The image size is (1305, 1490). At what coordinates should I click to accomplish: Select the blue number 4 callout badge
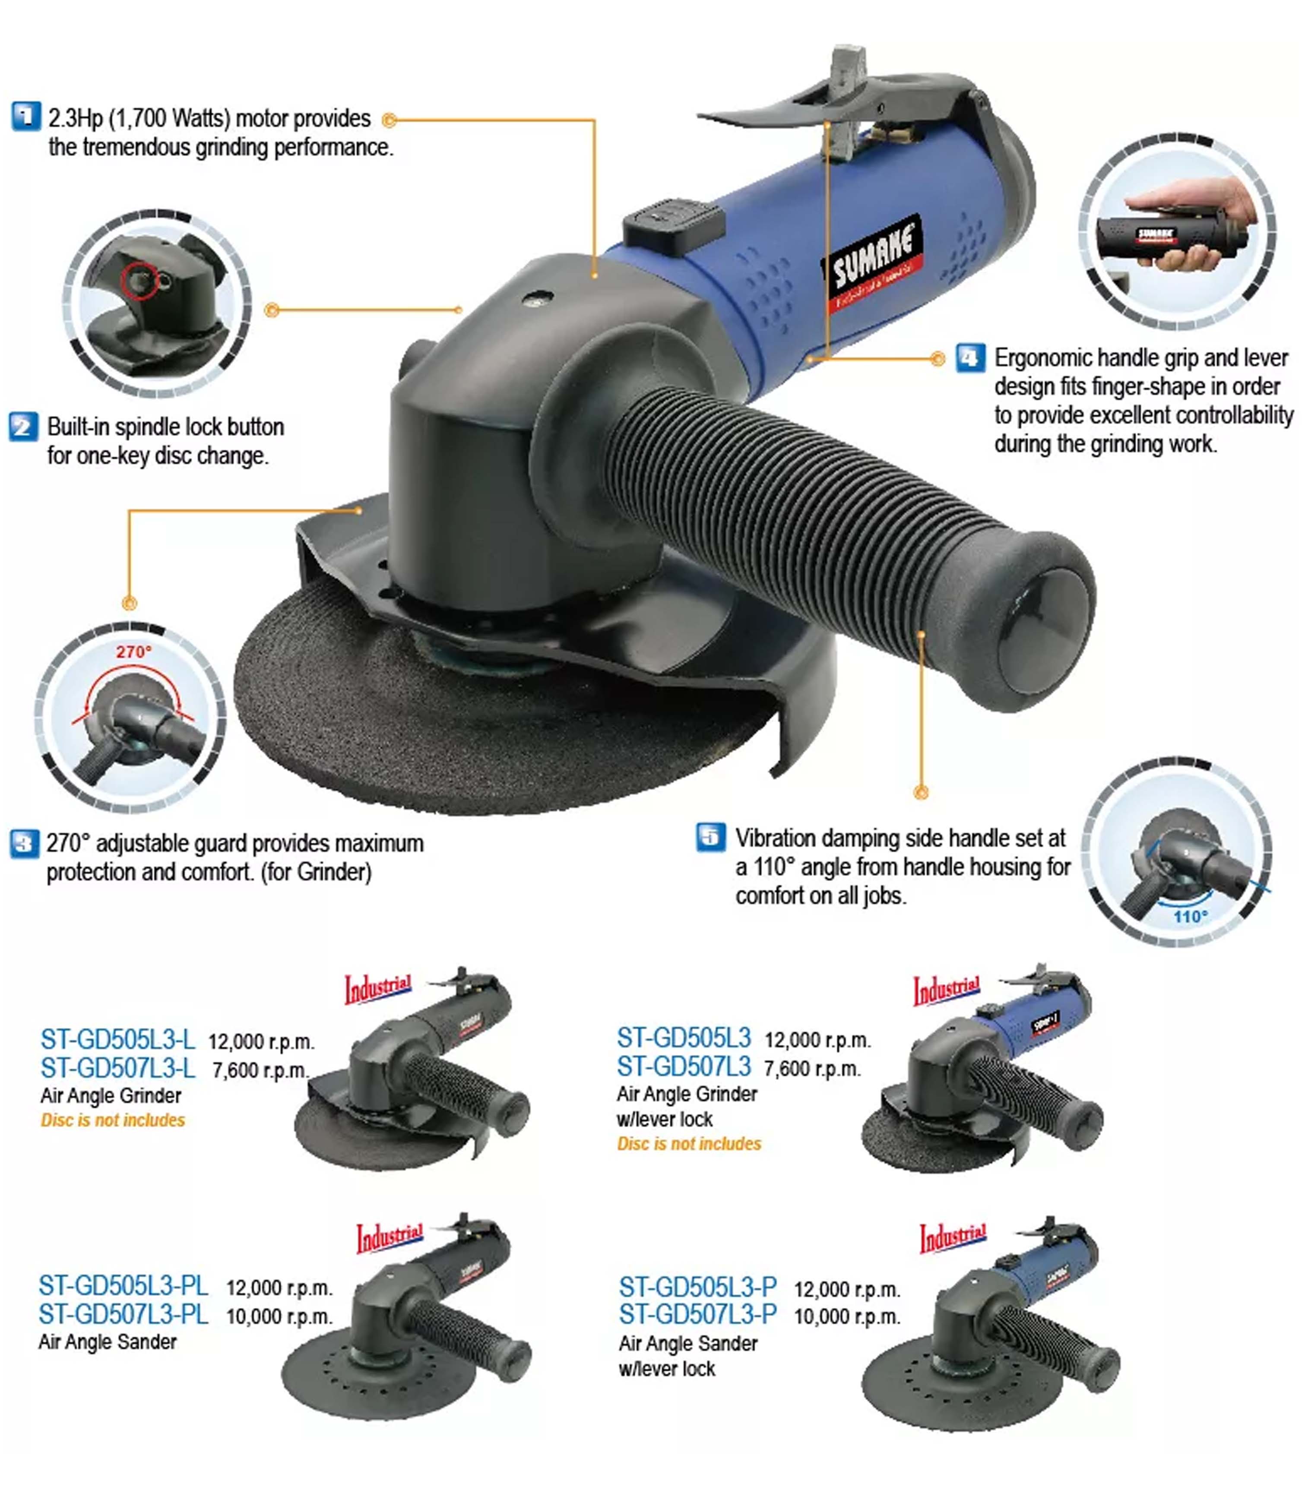970,357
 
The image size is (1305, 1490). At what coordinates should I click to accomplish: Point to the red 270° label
133,652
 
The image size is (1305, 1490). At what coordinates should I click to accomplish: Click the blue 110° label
1190,916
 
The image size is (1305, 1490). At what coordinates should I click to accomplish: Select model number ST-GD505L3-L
117,1039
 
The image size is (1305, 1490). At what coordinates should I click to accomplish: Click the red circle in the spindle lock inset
139,280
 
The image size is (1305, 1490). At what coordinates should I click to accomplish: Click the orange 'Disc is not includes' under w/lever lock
689,1144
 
